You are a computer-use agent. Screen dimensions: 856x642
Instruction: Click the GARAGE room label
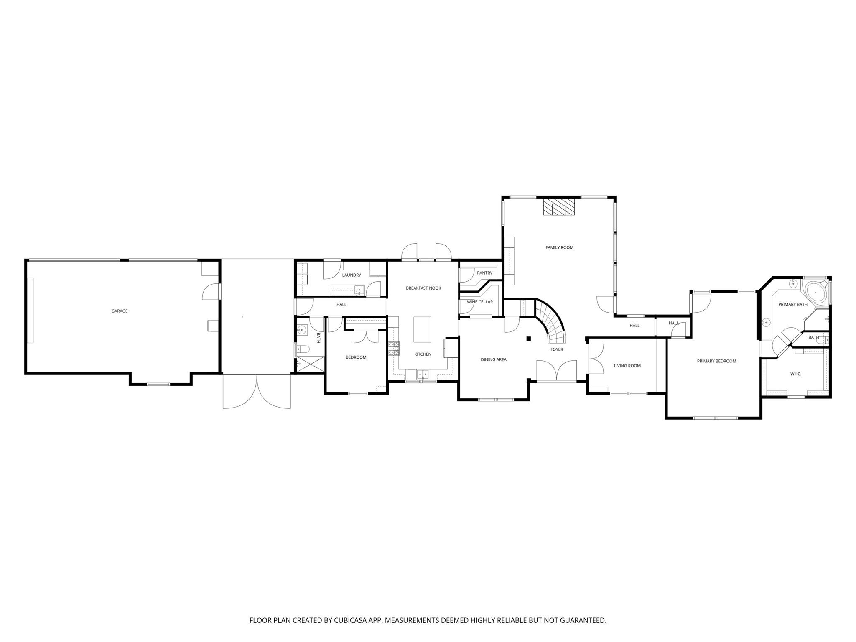tap(120, 311)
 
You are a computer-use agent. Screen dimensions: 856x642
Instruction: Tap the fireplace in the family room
tap(559, 206)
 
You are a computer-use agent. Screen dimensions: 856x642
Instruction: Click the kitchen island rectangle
tap(422, 329)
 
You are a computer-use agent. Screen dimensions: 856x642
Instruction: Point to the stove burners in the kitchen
tap(394, 349)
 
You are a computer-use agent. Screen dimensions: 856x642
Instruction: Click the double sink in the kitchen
tap(423, 374)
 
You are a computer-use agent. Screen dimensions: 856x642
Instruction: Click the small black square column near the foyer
tap(529, 339)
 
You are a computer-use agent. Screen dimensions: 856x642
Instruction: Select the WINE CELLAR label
tap(480, 302)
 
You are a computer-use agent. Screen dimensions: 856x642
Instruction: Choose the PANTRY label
tap(485, 273)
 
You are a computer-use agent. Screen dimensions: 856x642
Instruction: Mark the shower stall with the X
tap(310, 363)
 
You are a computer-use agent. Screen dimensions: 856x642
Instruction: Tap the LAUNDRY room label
tap(352, 275)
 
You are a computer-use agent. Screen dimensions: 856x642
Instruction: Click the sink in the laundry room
tap(359, 290)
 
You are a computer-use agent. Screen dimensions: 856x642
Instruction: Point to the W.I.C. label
tap(796, 374)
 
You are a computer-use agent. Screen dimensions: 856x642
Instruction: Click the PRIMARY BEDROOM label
tap(716, 361)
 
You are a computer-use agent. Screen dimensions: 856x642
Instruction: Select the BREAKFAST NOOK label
tap(423, 288)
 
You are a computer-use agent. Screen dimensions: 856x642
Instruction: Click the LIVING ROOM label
tap(627, 366)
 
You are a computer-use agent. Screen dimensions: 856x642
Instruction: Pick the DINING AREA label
tap(494, 359)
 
